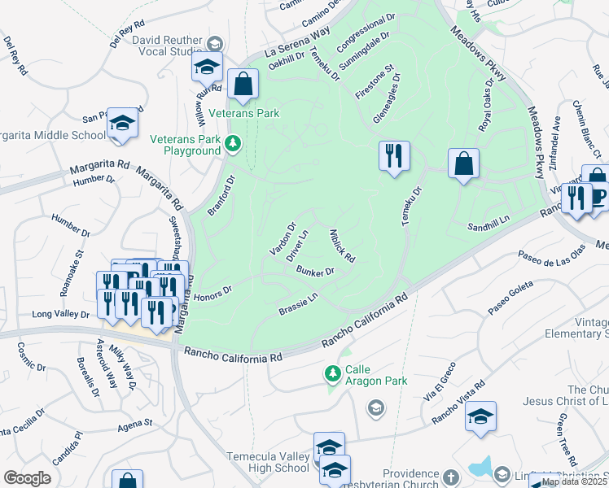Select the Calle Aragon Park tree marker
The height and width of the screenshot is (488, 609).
click(332, 374)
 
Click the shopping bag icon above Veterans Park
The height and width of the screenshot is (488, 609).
click(243, 84)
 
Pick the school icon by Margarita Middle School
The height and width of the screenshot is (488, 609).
click(122, 124)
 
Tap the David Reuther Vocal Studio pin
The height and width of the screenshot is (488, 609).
click(215, 43)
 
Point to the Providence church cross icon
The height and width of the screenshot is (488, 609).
click(452, 475)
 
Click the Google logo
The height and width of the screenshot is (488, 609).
click(27, 478)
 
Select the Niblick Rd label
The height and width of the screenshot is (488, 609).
click(342, 246)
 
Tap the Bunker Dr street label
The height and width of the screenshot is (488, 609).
click(316, 271)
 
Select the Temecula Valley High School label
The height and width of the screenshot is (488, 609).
click(268, 462)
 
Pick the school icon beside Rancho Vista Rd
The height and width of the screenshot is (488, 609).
click(480, 416)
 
